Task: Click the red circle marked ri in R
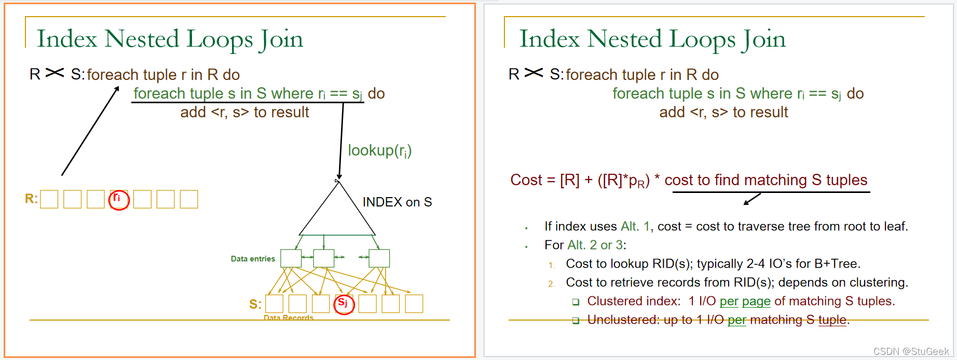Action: tap(119, 200)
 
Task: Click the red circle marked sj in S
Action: tap(344, 304)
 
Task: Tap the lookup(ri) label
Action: tap(379, 150)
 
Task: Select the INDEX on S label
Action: tap(397, 202)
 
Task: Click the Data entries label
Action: tap(253, 259)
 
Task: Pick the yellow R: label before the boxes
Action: tap(31, 199)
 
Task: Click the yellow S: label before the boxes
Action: tap(255, 304)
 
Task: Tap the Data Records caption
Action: tap(288, 317)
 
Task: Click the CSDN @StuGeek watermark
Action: tap(911, 351)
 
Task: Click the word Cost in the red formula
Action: tap(526, 180)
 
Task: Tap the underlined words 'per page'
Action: tap(745, 301)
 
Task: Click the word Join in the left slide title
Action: tap(282, 39)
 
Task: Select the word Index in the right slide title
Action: tap(549, 39)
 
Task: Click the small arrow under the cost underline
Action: tap(752, 199)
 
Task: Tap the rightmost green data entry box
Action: tap(379, 258)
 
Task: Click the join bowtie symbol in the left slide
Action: tap(54, 73)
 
